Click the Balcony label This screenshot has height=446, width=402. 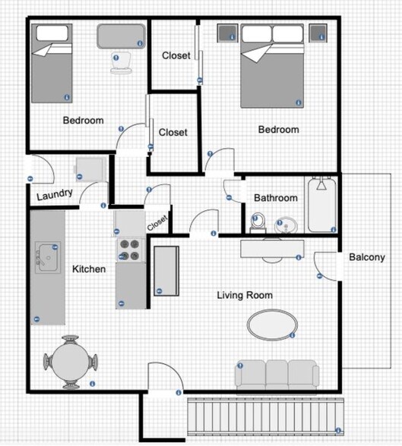pos(366,257)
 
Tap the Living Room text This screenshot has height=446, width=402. pos(245,295)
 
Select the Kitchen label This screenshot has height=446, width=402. pos(89,269)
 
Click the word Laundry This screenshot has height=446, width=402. pos(55,194)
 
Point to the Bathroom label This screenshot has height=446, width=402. pos(276,198)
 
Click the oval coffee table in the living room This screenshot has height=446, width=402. pos(271,324)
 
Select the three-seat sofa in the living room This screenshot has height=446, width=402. pos(277,375)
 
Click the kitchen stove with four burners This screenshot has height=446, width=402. pos(130,250)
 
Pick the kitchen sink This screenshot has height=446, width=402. pos(46,259)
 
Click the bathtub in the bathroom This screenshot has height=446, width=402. pos(321,205)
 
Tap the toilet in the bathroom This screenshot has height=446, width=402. pos(258,223)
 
